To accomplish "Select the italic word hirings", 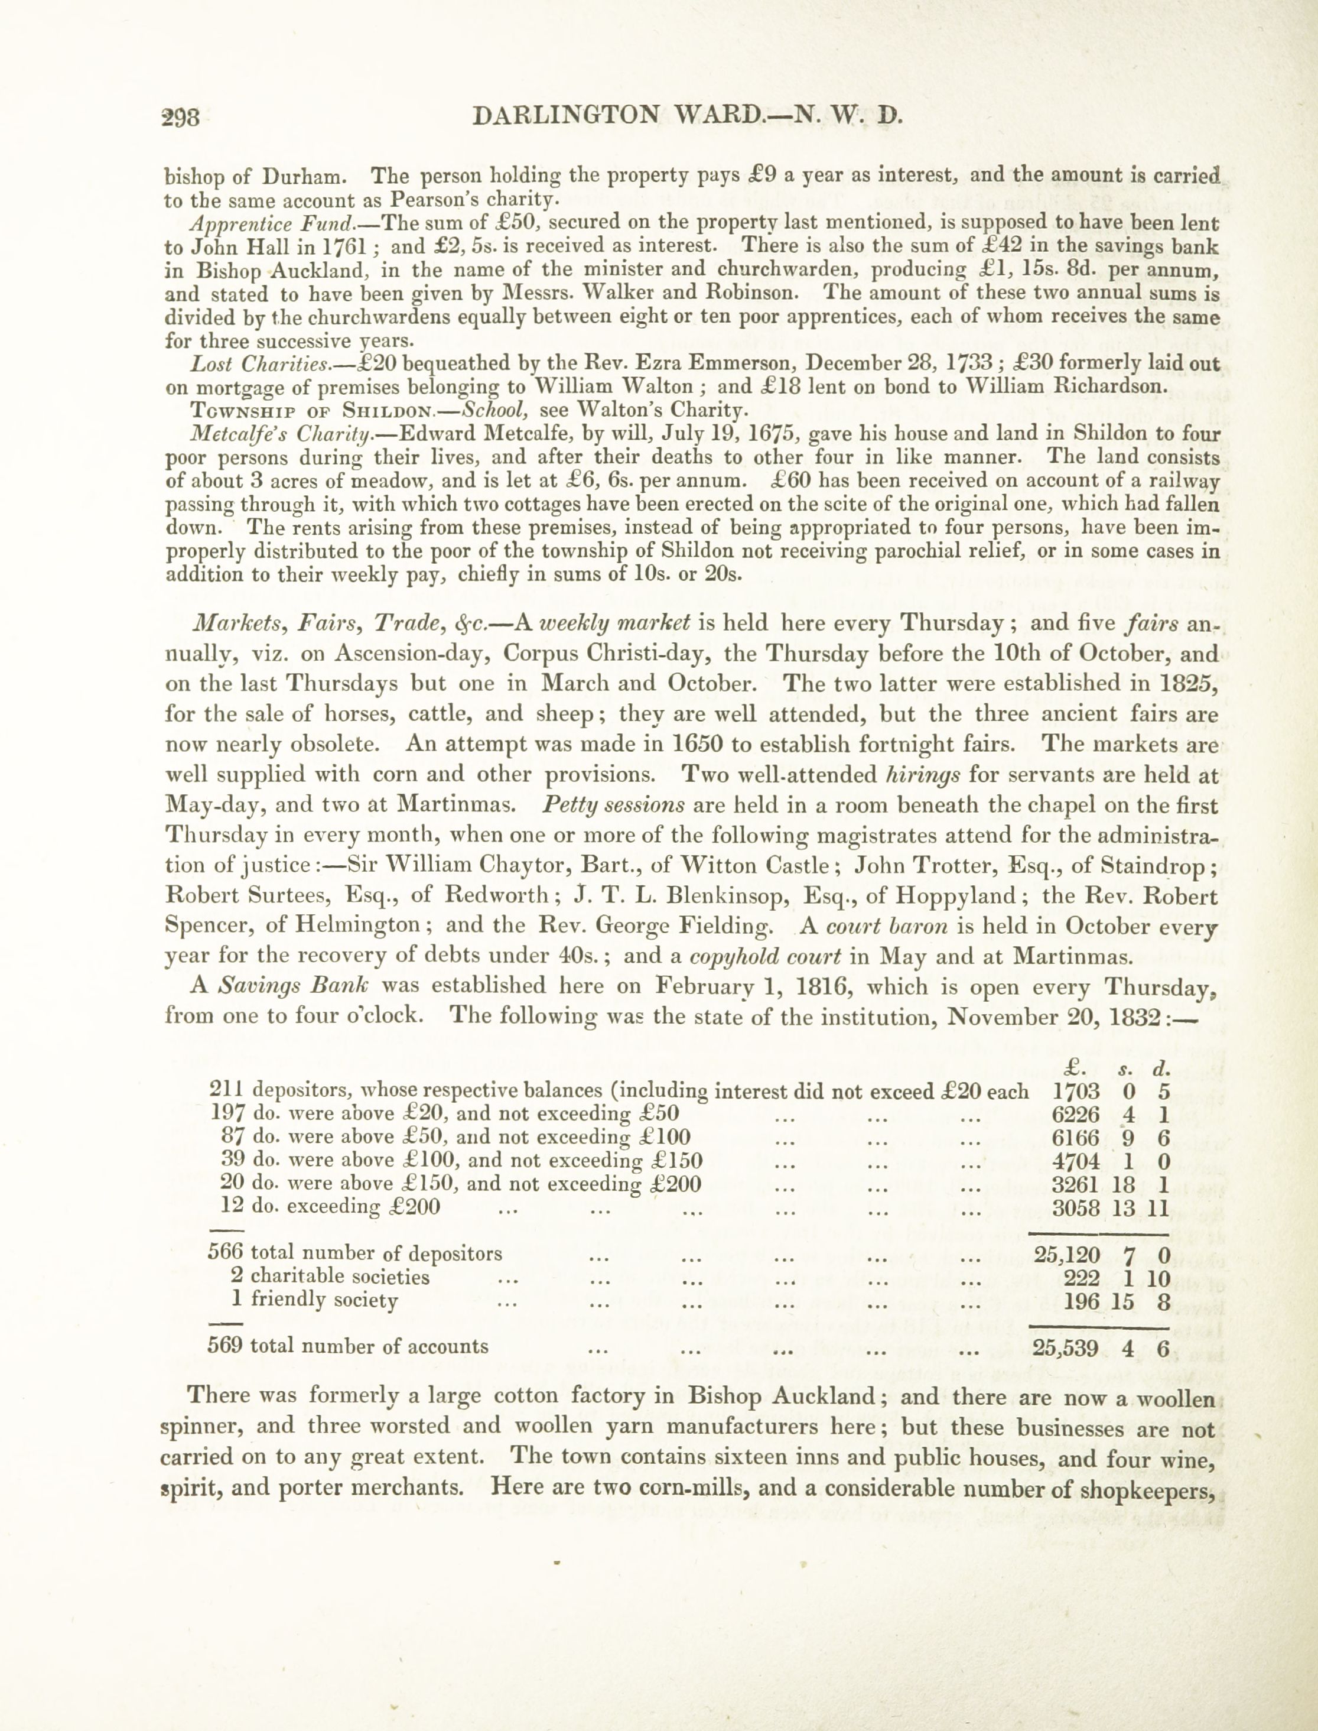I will (922, 775).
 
